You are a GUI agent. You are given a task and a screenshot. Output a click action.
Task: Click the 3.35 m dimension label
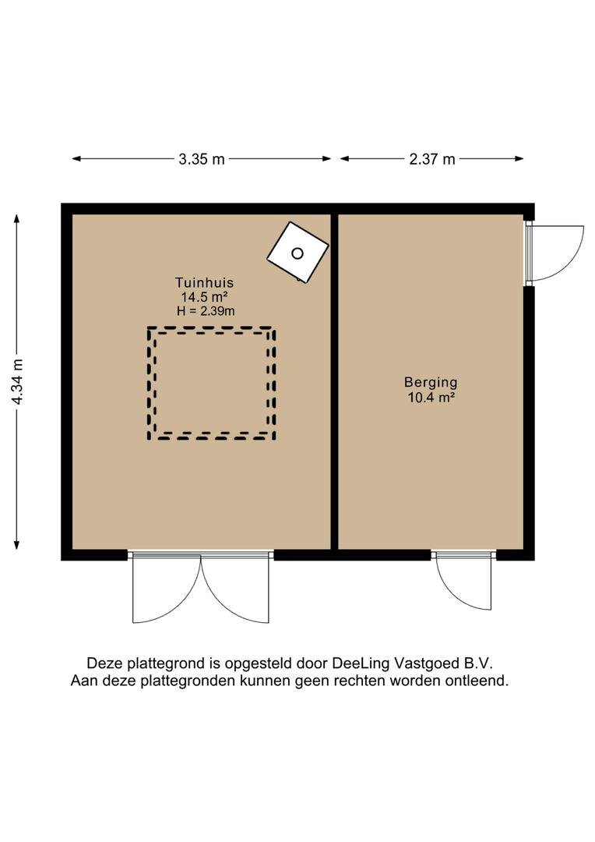tap(202, 159)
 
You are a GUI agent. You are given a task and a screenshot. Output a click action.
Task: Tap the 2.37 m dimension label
tap(432, 159)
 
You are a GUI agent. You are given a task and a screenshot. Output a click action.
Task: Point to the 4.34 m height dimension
tap(18, 381)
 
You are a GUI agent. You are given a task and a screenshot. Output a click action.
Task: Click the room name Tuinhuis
tap(204, 282)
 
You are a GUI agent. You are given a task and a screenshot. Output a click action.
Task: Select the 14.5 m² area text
tap(204, 296)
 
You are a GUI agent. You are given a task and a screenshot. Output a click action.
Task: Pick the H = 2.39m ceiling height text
tap(206, 311)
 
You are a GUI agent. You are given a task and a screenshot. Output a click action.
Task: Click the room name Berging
tap(431, 382)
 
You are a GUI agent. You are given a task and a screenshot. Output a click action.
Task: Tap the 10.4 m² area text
tap(431, 398)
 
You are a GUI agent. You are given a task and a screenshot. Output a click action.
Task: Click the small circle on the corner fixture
tap(297, 253)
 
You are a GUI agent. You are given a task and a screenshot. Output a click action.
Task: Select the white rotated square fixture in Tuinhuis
tap(297, 253)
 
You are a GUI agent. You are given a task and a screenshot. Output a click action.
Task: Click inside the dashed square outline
tap(211, 384)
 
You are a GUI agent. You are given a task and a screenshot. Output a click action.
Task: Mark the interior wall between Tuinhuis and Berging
tap(334, 382)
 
